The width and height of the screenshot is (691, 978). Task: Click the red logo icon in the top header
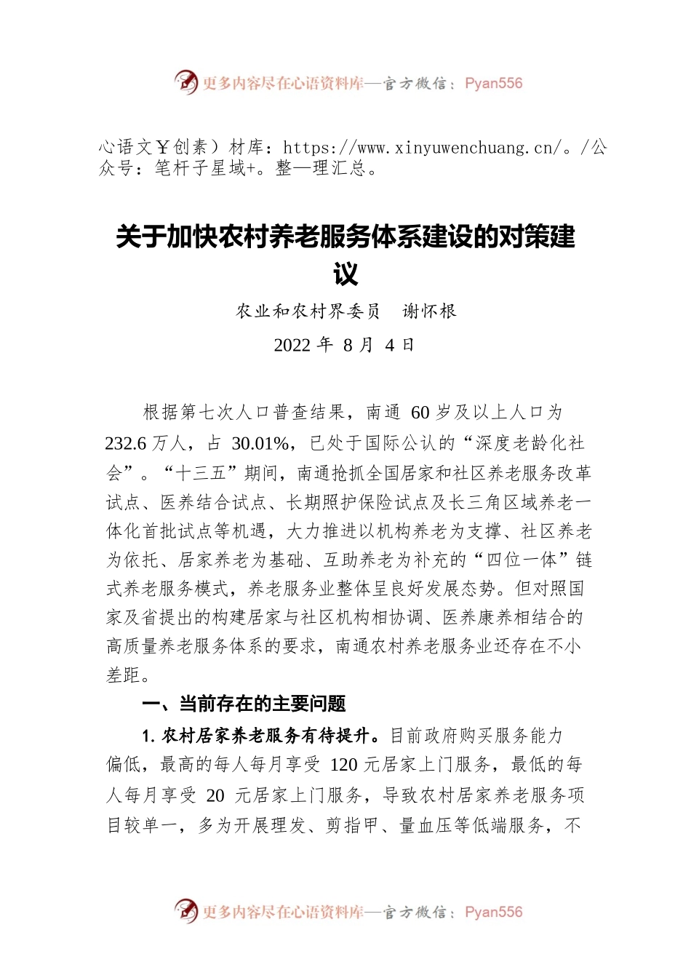tap(186, 82)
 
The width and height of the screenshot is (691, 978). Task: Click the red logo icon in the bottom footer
tap(186, 911)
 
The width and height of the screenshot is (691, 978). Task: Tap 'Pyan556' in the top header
tap(493, 83)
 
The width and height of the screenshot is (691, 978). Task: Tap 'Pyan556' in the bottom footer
tap(493, 912)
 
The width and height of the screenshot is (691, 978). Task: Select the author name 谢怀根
tap(430, 311)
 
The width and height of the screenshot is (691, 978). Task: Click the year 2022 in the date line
tap(292, 345)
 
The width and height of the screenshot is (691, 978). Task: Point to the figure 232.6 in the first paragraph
tap(126, 443)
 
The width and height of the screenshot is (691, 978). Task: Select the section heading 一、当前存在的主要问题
tap(244, 704)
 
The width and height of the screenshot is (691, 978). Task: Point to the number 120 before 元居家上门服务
tap(343, 765)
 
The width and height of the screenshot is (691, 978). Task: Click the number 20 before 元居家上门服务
tap(215, 795)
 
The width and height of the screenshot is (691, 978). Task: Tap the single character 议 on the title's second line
tap(345, 274)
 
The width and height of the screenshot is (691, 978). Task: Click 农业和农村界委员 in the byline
tap(308, 311)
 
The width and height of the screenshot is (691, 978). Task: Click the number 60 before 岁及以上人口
tap(420, 413)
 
